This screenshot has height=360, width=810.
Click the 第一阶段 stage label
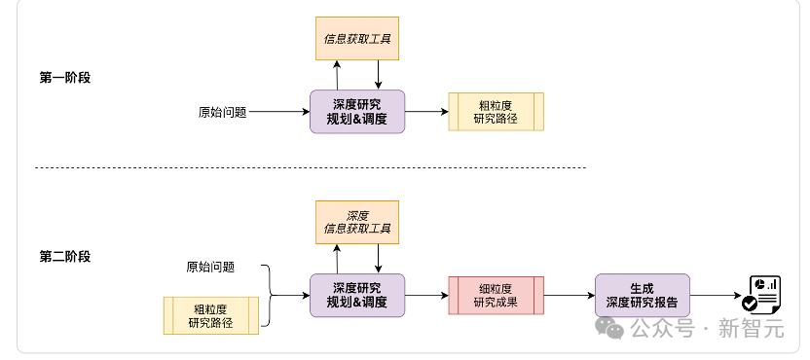[65, 78]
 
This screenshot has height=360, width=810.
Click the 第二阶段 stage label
[65, 257]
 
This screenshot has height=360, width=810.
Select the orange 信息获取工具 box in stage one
[357, 39]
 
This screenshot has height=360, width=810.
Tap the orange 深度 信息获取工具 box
[357, 222]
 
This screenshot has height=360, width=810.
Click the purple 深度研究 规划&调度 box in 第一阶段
[357, 112]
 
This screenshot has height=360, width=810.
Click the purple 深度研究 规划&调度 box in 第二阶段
[357, 296]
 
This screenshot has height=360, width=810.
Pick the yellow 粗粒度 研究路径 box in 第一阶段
[496, 112]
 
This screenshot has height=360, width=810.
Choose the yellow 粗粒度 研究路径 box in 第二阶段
[210, 315]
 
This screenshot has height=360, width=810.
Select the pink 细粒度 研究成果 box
[496, 296]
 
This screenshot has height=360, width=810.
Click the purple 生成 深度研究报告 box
[643, 296]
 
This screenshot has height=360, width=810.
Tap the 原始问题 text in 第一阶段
[223, 112]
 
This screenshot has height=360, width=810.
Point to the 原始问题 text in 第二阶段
[210, 267]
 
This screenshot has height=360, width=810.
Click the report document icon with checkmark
[761, 295]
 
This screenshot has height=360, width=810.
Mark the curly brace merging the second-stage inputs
[271, 296]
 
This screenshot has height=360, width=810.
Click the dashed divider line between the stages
[311, 167]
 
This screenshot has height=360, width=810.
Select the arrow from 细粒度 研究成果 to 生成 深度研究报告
[570, 296]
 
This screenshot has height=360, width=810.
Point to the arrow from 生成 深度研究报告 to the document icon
[716, 296]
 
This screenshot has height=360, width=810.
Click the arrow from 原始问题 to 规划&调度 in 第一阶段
[279, 112]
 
